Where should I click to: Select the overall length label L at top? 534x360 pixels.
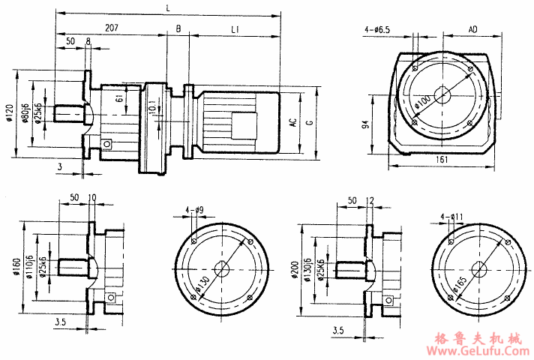coord(166,7)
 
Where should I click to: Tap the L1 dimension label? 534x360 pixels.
coord(235,28)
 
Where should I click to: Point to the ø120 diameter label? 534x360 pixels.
coord(10,115)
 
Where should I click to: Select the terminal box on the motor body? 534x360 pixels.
coord(241,123)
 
